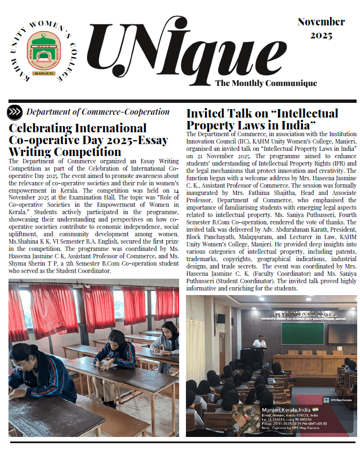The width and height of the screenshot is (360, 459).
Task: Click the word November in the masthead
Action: tap(321, 22)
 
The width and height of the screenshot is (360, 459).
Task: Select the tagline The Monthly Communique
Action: tap(266, 83)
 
